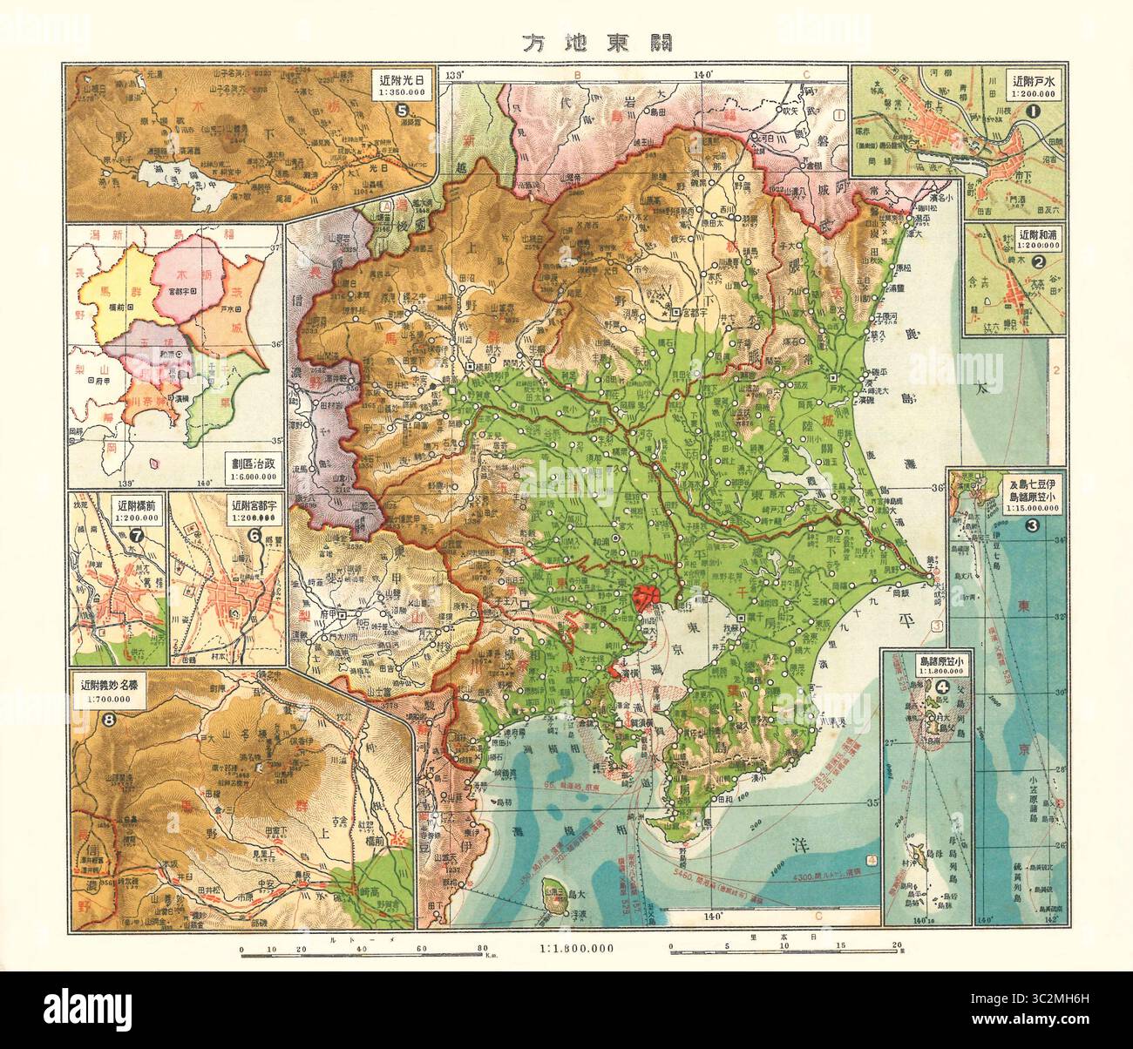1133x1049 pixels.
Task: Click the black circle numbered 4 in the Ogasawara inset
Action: pos(942,687)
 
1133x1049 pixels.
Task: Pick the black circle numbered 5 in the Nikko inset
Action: pos(402,111)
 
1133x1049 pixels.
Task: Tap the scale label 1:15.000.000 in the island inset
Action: pos(1009,507)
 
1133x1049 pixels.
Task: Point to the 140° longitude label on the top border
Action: pos(702,76)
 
